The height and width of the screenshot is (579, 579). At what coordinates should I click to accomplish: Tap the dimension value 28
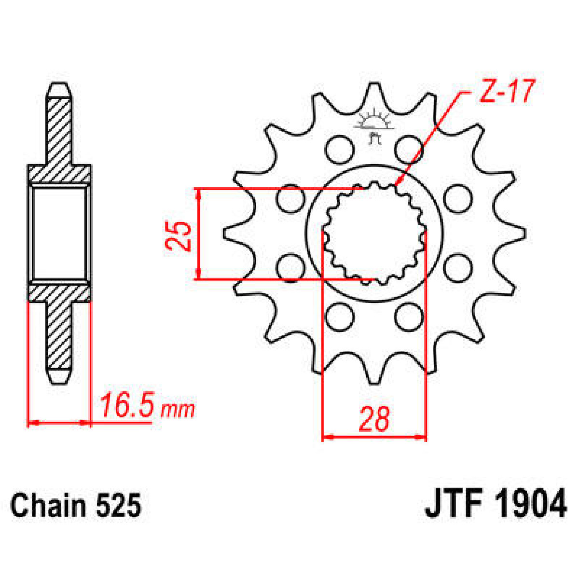[374, 419]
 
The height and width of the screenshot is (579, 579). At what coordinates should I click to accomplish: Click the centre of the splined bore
[374, 233]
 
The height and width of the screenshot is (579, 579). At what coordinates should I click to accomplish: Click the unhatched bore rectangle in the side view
[59, 234]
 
